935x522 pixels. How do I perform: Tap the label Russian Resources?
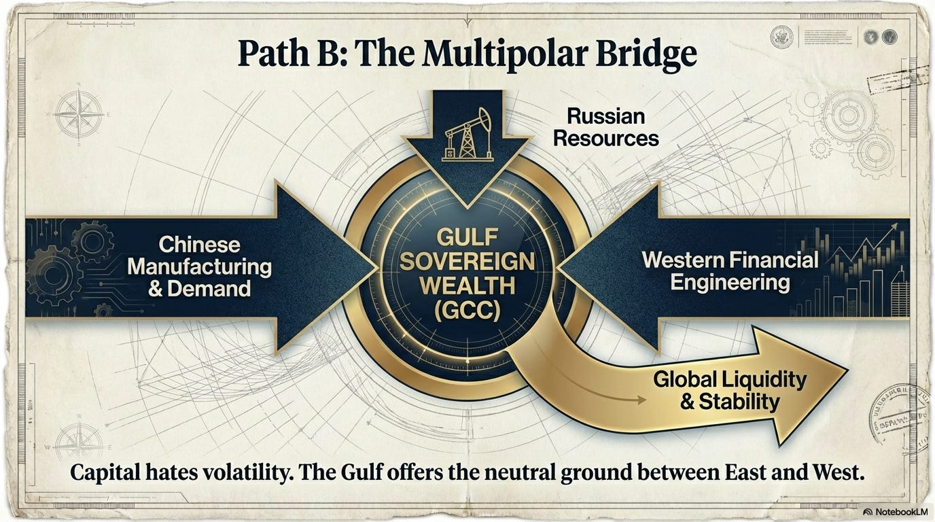tap(605, 127)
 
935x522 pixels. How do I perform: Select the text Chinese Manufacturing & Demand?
tap(199, 266)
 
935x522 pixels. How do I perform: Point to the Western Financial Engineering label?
tap(730, 271)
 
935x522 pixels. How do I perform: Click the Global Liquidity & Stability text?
tap(730, 389)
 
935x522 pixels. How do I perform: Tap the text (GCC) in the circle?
tap(467, 310)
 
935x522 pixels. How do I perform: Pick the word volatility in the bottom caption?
tap(249, 474)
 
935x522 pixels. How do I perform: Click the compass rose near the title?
tap(79, 114)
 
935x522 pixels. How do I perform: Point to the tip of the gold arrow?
tap(846, 370)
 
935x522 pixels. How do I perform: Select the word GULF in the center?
tap(467, 239)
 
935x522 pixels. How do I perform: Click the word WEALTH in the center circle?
tap(467, 286)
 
